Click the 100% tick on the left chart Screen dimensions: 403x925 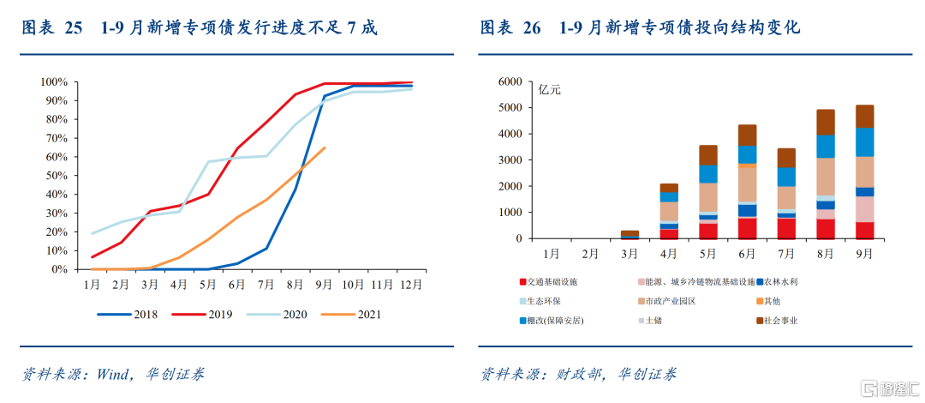(x=53, y=82)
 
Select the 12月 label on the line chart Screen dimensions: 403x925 (x=411, y=284)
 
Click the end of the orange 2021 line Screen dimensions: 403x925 (x=325, y=147)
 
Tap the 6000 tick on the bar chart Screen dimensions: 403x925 (x=510, y=82)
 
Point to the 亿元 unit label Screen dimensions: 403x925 (x=550, y=89)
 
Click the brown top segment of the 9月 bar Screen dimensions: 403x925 (x=864, y=117)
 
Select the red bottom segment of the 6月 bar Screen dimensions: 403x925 (x=747, y=228)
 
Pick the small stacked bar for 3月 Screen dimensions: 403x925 (x=630, y=233)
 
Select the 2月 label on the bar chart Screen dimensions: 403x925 (x=591, y=255)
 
